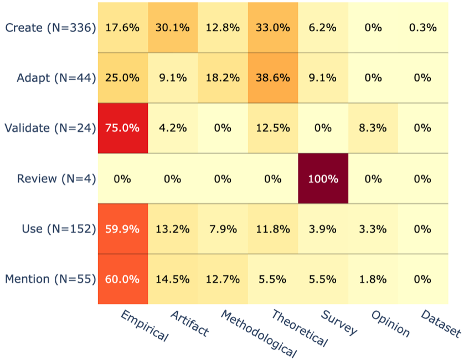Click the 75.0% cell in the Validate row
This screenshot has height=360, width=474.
pyautogui.click(x=123, y=128)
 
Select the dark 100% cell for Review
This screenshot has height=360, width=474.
pyautogui.click(x=323, y=178)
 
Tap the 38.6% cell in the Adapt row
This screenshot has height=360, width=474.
pyautogui.click(x=273, y=78)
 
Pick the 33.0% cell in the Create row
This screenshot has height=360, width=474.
pyautogui.click(x=273, y=27)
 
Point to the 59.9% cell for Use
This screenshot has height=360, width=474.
pyautogui.click(x=123, y=229)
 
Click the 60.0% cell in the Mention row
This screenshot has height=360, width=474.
pyautogui.click(x=123, y=279)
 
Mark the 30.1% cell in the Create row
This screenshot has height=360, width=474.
pyautogui.click(x=173, y=27)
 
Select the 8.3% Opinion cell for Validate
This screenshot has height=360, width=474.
pyautogui.click(x=373, y=128)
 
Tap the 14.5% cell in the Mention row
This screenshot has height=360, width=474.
pyautogui.click(x=173, y=279)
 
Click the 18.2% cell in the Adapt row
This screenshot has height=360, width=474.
pyautogui.click(x=223, y=78)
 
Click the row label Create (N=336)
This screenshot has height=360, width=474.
pyautogui.click(x=50, y=28)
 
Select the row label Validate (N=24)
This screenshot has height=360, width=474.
pyautogui.click(x=50, y=128)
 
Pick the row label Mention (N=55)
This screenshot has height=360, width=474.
pyautogui.click(x=50, y=280)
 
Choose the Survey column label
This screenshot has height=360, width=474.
pyautogui.click(x=339, y=323)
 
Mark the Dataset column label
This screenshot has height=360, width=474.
pyautogui.click(x=441, y=324)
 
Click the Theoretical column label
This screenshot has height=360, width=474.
pyautogui.click(x=300, y=328)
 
